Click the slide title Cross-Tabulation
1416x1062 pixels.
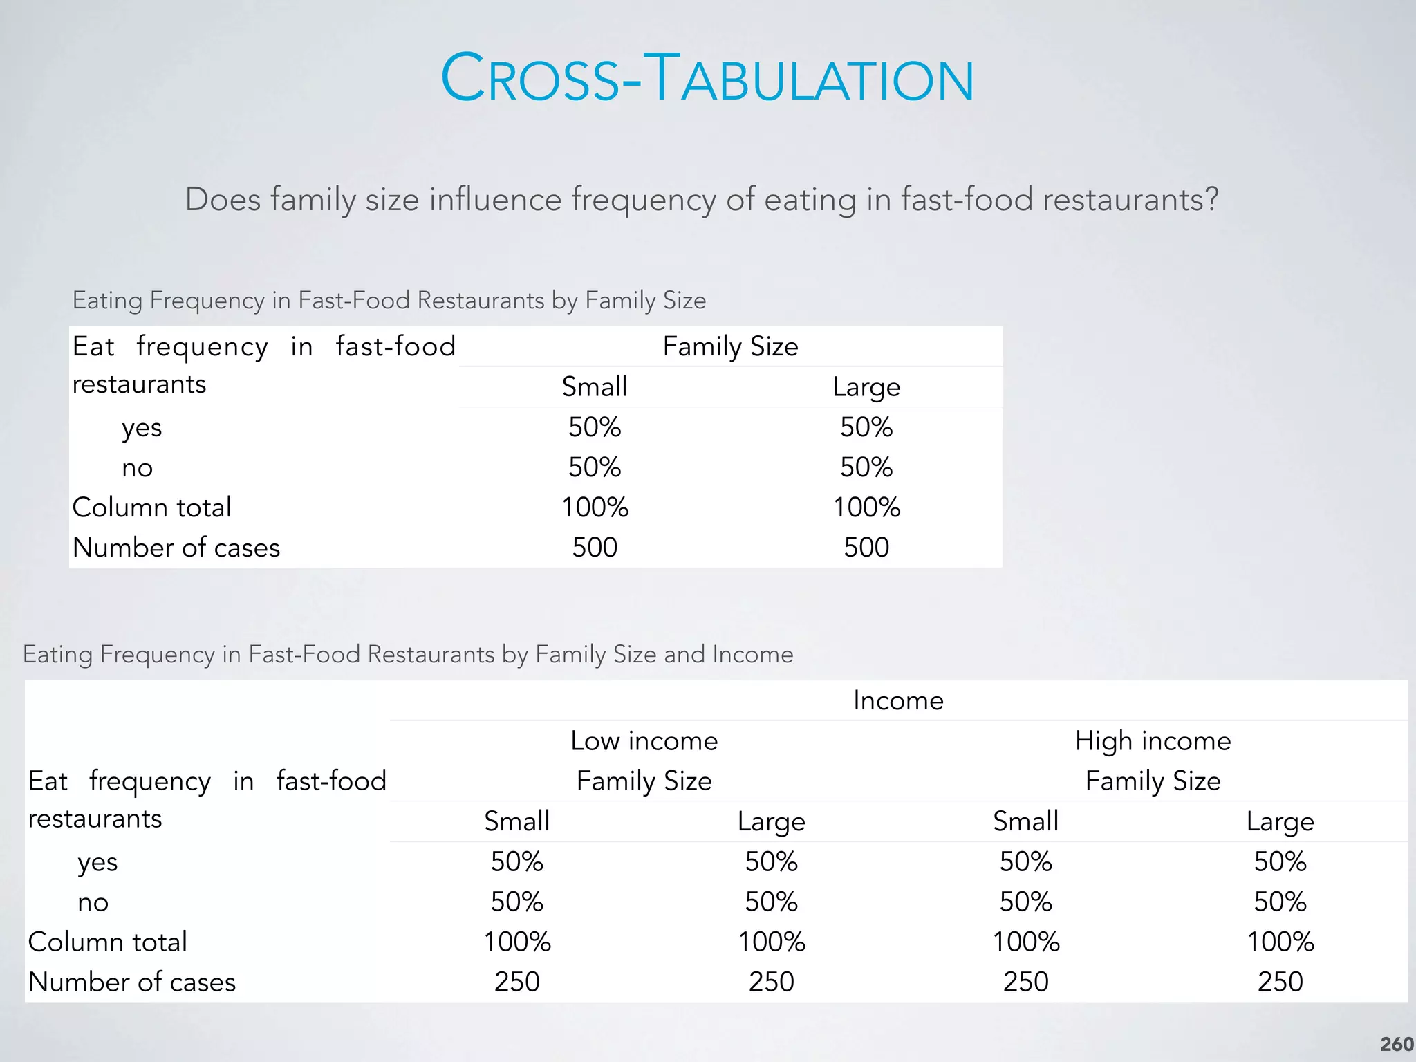[707, 78]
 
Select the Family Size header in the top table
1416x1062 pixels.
[730, 346]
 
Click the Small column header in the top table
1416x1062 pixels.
[595, 386]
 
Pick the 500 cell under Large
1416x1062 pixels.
[866, 548]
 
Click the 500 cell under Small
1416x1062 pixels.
[595, 548]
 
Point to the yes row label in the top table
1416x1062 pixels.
[142, 428]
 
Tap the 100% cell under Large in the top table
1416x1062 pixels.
[866, 507]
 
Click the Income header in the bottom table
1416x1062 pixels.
[898, 700]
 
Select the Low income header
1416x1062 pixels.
[644, 741]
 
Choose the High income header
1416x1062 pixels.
[1153, 741]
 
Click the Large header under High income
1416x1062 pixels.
[1280, 821]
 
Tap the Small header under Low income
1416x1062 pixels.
[516, 821]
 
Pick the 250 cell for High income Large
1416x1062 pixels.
[1280, 982]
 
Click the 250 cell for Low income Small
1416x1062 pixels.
[516, 982]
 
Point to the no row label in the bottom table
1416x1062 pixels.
[93, 902]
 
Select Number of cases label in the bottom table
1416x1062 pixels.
[132, 982]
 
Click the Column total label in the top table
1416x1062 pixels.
[151, 507]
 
